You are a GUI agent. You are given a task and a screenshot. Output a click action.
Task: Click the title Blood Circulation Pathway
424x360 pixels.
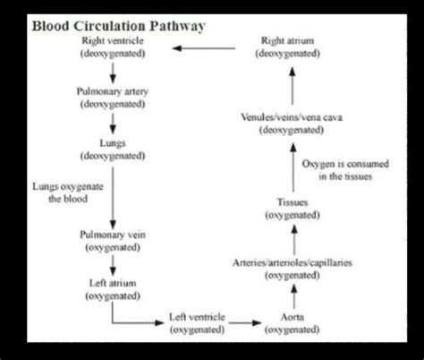(x=119, y=26)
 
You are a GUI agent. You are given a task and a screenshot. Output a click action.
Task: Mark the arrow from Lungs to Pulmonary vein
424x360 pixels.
(x=111, y=193)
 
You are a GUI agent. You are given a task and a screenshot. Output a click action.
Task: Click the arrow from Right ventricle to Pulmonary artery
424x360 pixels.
(x=111, y=72)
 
